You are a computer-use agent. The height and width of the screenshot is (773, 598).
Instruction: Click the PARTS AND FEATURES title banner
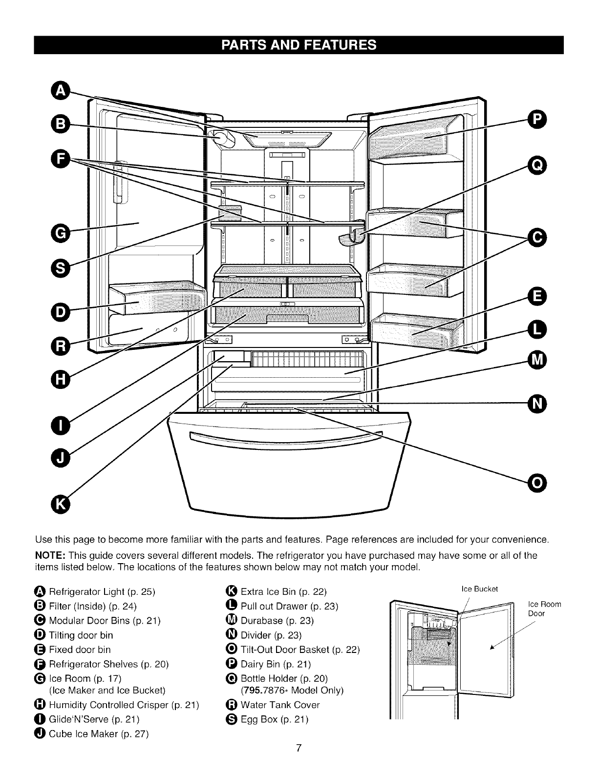click(x=299, y=45)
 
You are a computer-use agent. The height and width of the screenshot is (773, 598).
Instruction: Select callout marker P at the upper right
click(x=537, y=119)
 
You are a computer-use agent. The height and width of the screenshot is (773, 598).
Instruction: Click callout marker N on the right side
click(x=537, y=403)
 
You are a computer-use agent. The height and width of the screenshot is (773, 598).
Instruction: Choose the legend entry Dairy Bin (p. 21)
click(x=276, y=664)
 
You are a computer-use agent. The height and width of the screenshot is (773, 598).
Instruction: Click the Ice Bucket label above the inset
click(x=479, y=589)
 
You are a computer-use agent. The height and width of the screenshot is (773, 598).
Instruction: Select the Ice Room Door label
click(x=544, y=610)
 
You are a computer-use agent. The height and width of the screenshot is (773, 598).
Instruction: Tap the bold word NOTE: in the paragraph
click(x=50, y=555)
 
